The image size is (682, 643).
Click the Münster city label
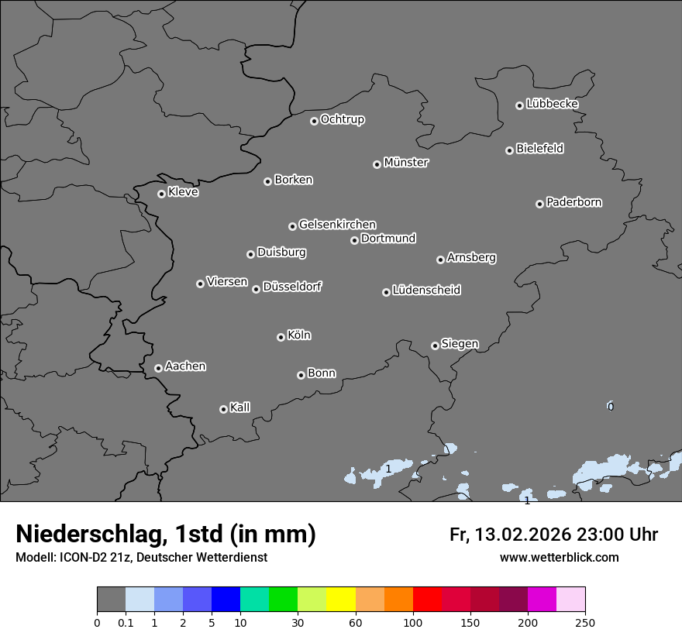click(406, 163)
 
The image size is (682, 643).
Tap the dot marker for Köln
click(281, 337)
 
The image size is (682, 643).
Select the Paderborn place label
click(574, 202)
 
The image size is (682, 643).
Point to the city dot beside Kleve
click(161, 194)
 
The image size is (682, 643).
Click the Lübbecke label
click(553, 104)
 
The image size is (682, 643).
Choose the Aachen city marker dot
click(158, 368)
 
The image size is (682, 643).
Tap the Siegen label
click(460, 344)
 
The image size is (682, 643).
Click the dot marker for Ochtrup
click(314, 121)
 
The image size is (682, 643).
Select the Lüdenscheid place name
click(426, 291)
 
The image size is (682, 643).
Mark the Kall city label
click(240, 407)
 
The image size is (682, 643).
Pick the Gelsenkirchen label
click(337, 225)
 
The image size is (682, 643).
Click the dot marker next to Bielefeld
click(509, 150)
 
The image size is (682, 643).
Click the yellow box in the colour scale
click(341, 600)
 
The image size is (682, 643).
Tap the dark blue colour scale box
click(226, 600)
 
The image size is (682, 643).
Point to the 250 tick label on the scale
click(585, 622)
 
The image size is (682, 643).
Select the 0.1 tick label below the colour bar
click(126, 622)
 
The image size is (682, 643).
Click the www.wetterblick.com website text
click(560, 558)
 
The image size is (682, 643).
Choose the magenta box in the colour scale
click(542, 600)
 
